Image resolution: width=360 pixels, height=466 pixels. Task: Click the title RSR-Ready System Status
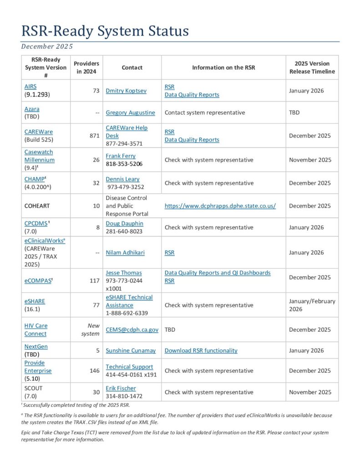(x=105, y=31)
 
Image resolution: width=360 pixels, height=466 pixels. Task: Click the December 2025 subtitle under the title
(x=47, y=46)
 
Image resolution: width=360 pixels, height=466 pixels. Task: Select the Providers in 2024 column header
(x=86, y=67)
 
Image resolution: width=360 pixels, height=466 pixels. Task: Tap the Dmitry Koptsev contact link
(x=126, y=91)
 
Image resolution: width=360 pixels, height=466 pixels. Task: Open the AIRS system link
(x=31, y=86)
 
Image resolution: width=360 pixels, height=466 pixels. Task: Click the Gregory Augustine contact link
(x=130, y=112)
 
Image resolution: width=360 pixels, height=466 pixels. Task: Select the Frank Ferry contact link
(x=121, y=156)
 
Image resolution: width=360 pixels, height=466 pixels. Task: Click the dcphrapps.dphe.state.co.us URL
(x=220, y=206)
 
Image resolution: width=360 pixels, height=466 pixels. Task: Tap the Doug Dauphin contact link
(x=124, y=223)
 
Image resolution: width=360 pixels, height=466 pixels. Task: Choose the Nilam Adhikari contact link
(x=126, y=253)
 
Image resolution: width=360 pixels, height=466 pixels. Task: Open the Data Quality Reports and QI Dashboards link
(x=218, y=273)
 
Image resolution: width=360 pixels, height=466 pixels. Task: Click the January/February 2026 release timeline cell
(x=312, y=305)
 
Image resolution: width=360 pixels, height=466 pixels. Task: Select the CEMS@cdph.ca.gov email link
(x=132, y=329)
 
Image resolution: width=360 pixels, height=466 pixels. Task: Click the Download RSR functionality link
(x=201, y=350)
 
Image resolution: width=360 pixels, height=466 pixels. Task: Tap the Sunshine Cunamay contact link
(x=131, y=350)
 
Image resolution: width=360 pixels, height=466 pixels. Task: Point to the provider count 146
(x=94, y=370)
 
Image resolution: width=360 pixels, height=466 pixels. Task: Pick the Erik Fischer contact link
(x=121, y=388)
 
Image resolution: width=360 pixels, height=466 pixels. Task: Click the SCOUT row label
(x=34, y=388)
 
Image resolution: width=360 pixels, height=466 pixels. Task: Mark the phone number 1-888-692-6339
(x=127, y=313)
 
